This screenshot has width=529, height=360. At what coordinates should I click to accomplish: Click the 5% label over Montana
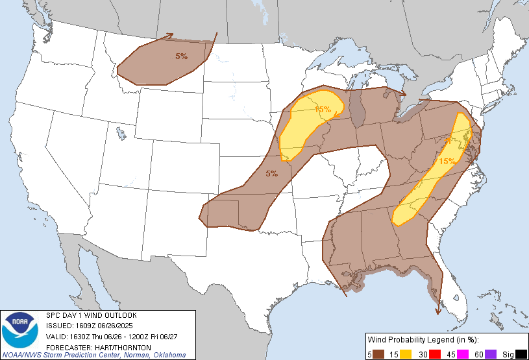(x=182, y=56)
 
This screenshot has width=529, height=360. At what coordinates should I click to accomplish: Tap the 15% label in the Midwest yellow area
(x=323, y=110)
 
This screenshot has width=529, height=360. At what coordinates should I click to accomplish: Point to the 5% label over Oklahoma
(x=272, y=173)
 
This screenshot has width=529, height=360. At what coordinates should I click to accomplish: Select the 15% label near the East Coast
(x=447, y=161)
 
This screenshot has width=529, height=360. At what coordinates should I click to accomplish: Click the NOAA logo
(x=20, y=330)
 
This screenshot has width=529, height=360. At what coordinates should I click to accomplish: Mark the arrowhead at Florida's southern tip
(x=439, y=311)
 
